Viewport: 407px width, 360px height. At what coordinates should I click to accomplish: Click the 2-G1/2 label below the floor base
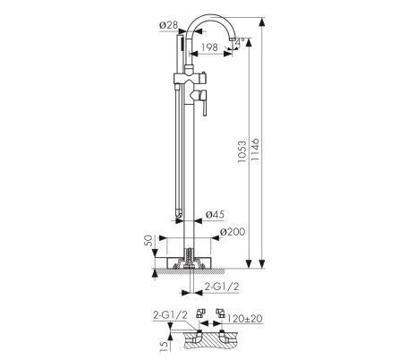pos(220,286)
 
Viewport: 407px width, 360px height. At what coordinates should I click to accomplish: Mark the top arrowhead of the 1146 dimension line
pos(261,20)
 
